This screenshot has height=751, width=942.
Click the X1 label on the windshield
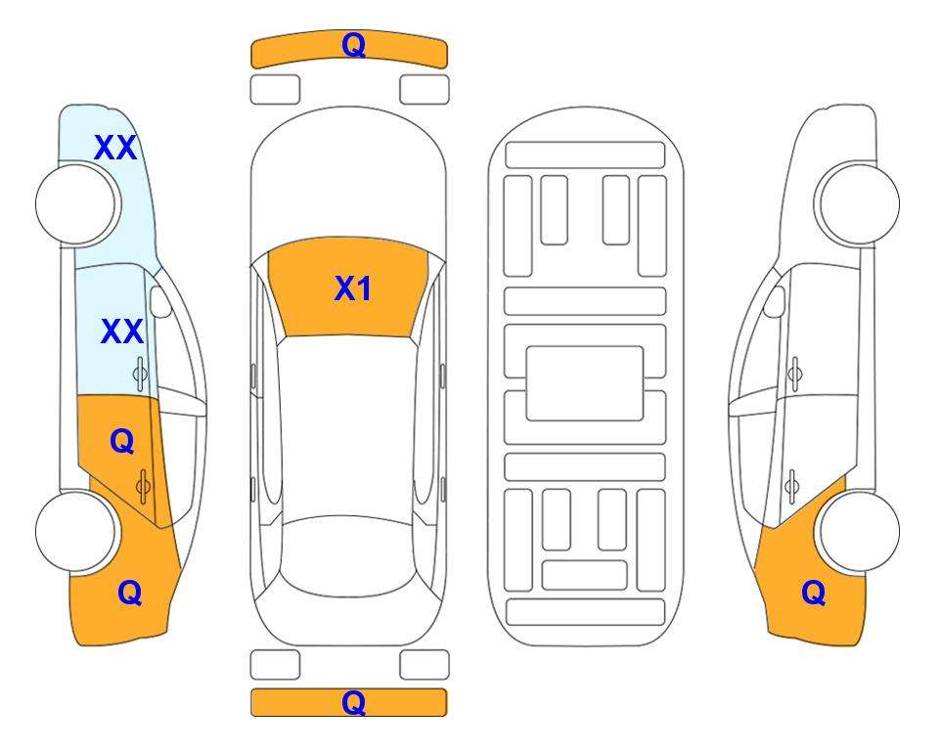coord(353,288)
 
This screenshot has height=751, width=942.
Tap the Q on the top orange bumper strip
coord(354,45)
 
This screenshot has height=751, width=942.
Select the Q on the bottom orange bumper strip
coord(354,702)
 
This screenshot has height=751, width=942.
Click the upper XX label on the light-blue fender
coord(115,148)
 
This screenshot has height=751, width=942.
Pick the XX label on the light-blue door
coord(122,331)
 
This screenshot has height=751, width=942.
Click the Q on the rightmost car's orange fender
coord(814,593)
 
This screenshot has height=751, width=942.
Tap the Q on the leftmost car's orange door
coord(122,442)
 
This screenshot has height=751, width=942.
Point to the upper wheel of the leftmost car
coord(76,204)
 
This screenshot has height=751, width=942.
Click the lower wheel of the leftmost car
coord(76,531)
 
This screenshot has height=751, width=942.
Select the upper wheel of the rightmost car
coord(859,204)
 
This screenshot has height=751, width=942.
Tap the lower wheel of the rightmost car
coord(860,531)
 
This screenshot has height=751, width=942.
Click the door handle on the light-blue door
coord(140,374)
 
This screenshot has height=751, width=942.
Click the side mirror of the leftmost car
coord(160,302)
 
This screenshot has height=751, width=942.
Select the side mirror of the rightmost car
coord(775,302)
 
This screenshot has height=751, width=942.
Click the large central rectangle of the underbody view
coord(585,383)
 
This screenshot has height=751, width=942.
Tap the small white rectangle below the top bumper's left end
coord(275,90)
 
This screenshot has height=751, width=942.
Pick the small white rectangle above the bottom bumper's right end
coord(425,665)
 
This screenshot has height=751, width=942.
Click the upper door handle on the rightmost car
coord(795,374)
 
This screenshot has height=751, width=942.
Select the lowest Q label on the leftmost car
coord(130,593)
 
